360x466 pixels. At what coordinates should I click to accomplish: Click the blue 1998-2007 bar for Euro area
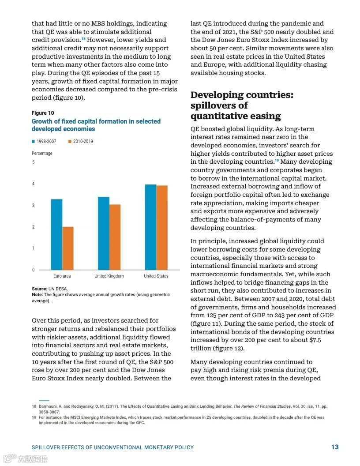pyautogui.click(x=56, y=234)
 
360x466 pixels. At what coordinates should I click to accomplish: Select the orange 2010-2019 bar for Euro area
pyautogui.click(x=68, y=248)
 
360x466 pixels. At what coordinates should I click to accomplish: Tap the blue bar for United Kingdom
pyautogui.click(x=104, y=233)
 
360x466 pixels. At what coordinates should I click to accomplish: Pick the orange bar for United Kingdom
pyautogui.click(x=115, y=237)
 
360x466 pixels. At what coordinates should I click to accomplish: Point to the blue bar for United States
pyautogui.click(x=150, y=227)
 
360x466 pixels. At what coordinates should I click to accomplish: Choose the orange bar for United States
pyautogui.click(x=162, y=228)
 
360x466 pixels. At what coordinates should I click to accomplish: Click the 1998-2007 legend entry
pyautogui.click(x=44, y=142)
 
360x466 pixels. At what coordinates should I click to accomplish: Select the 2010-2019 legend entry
pyautogui.click(x=80, y=142)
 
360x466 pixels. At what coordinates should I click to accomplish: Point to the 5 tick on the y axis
pyautogui.click(x=33, y=162)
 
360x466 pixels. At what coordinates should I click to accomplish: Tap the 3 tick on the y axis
pyautogui.click(x=33, y=206)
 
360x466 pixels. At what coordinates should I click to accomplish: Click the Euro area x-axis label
pyautogui.click(x=62, y=276)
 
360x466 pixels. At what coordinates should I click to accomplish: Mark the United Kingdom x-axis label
pyautogui.click(x=109, y=276)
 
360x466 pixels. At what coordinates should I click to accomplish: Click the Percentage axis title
pyautogui.click(x=42, y=154)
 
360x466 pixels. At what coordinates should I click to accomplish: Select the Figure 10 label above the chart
pyautogui.click(x=43, y=113)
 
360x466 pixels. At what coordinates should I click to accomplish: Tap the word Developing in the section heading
pyautogui.click(x=217, y=95)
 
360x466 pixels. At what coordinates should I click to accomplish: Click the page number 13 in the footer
pyautogui.click(x=335, y=447)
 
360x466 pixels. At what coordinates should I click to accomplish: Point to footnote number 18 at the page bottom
pyautogui.click(x=34, y=406)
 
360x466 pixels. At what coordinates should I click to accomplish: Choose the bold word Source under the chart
pyautogui.click(x=39, y=289)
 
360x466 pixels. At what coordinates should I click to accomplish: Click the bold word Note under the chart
pyautogui.click(x=37, y=295)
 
